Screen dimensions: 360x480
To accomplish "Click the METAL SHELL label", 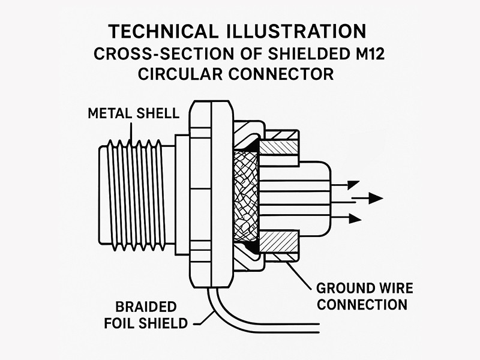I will [x=134, y=113].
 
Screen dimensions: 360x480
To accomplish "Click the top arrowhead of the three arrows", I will [x=352, y=185].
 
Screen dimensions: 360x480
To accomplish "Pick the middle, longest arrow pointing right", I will [x=367, y=198].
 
